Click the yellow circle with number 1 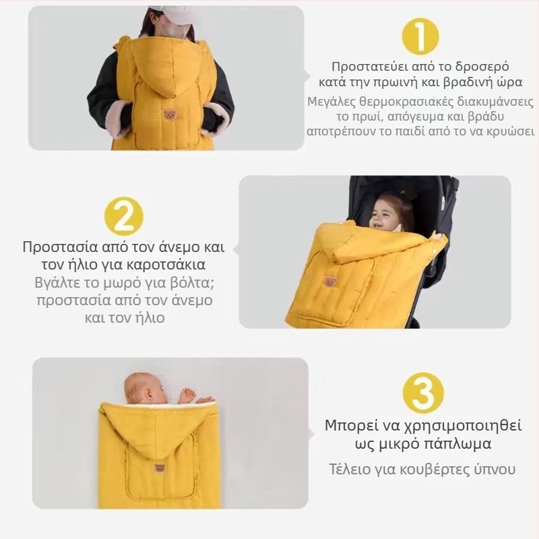coord(420,36)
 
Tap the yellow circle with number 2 coord(124,216)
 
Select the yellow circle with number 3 coord(423,393)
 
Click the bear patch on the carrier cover coord(169,115)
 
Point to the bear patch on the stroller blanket coord(331,282)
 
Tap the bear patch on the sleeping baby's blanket coord(160,468)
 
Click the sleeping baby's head coord(146,388)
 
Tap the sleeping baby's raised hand coord(187,395)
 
